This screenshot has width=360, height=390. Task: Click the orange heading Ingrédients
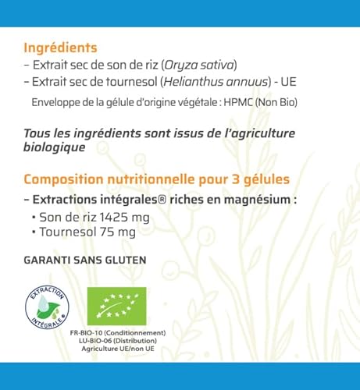click(60, 46)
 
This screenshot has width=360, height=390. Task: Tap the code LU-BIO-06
click(102, 341)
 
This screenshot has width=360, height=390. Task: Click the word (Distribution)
click(143, 341)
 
